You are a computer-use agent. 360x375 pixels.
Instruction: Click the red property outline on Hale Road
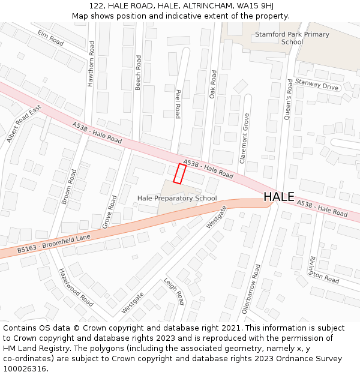click(x=179, y=173)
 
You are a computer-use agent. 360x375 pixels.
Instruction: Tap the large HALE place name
click(x=279, y=197)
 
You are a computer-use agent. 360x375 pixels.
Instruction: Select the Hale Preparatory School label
click(x=177, y=198)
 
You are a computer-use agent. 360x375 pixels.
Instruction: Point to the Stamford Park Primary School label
click(x=292, y=38)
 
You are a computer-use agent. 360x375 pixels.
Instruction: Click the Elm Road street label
click(x=50, y=37)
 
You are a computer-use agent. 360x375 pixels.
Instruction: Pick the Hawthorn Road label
click(x=91, y=64)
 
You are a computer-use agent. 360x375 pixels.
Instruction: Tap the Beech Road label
click(x=139, y=73)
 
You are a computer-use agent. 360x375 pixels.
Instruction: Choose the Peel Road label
click(x=178, y=104)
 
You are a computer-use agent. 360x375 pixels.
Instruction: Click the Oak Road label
click(x=212, y=84)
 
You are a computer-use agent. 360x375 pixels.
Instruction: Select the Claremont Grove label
click(x=245, y=138)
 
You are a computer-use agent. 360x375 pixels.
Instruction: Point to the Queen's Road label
click(x=289, y=98)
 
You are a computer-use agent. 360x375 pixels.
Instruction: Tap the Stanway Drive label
click(x=317, y=85)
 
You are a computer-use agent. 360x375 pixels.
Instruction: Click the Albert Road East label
click(x=23, y=124)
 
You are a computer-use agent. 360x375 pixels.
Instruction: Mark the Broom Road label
click(x=69, y=187)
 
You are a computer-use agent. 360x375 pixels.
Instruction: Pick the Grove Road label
click(x=110, y=211)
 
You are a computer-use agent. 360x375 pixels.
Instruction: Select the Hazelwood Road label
click(x=76, y=287)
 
